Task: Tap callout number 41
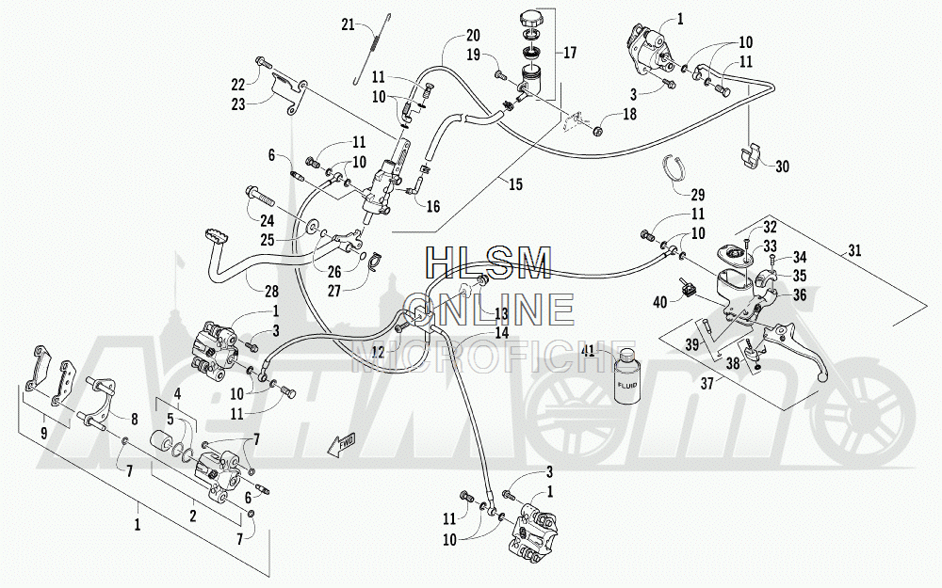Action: [588, 351]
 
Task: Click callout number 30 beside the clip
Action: [782, 167]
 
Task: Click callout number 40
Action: [659, 302]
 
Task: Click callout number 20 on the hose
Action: [472, 35]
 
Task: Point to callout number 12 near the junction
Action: [379, 353]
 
